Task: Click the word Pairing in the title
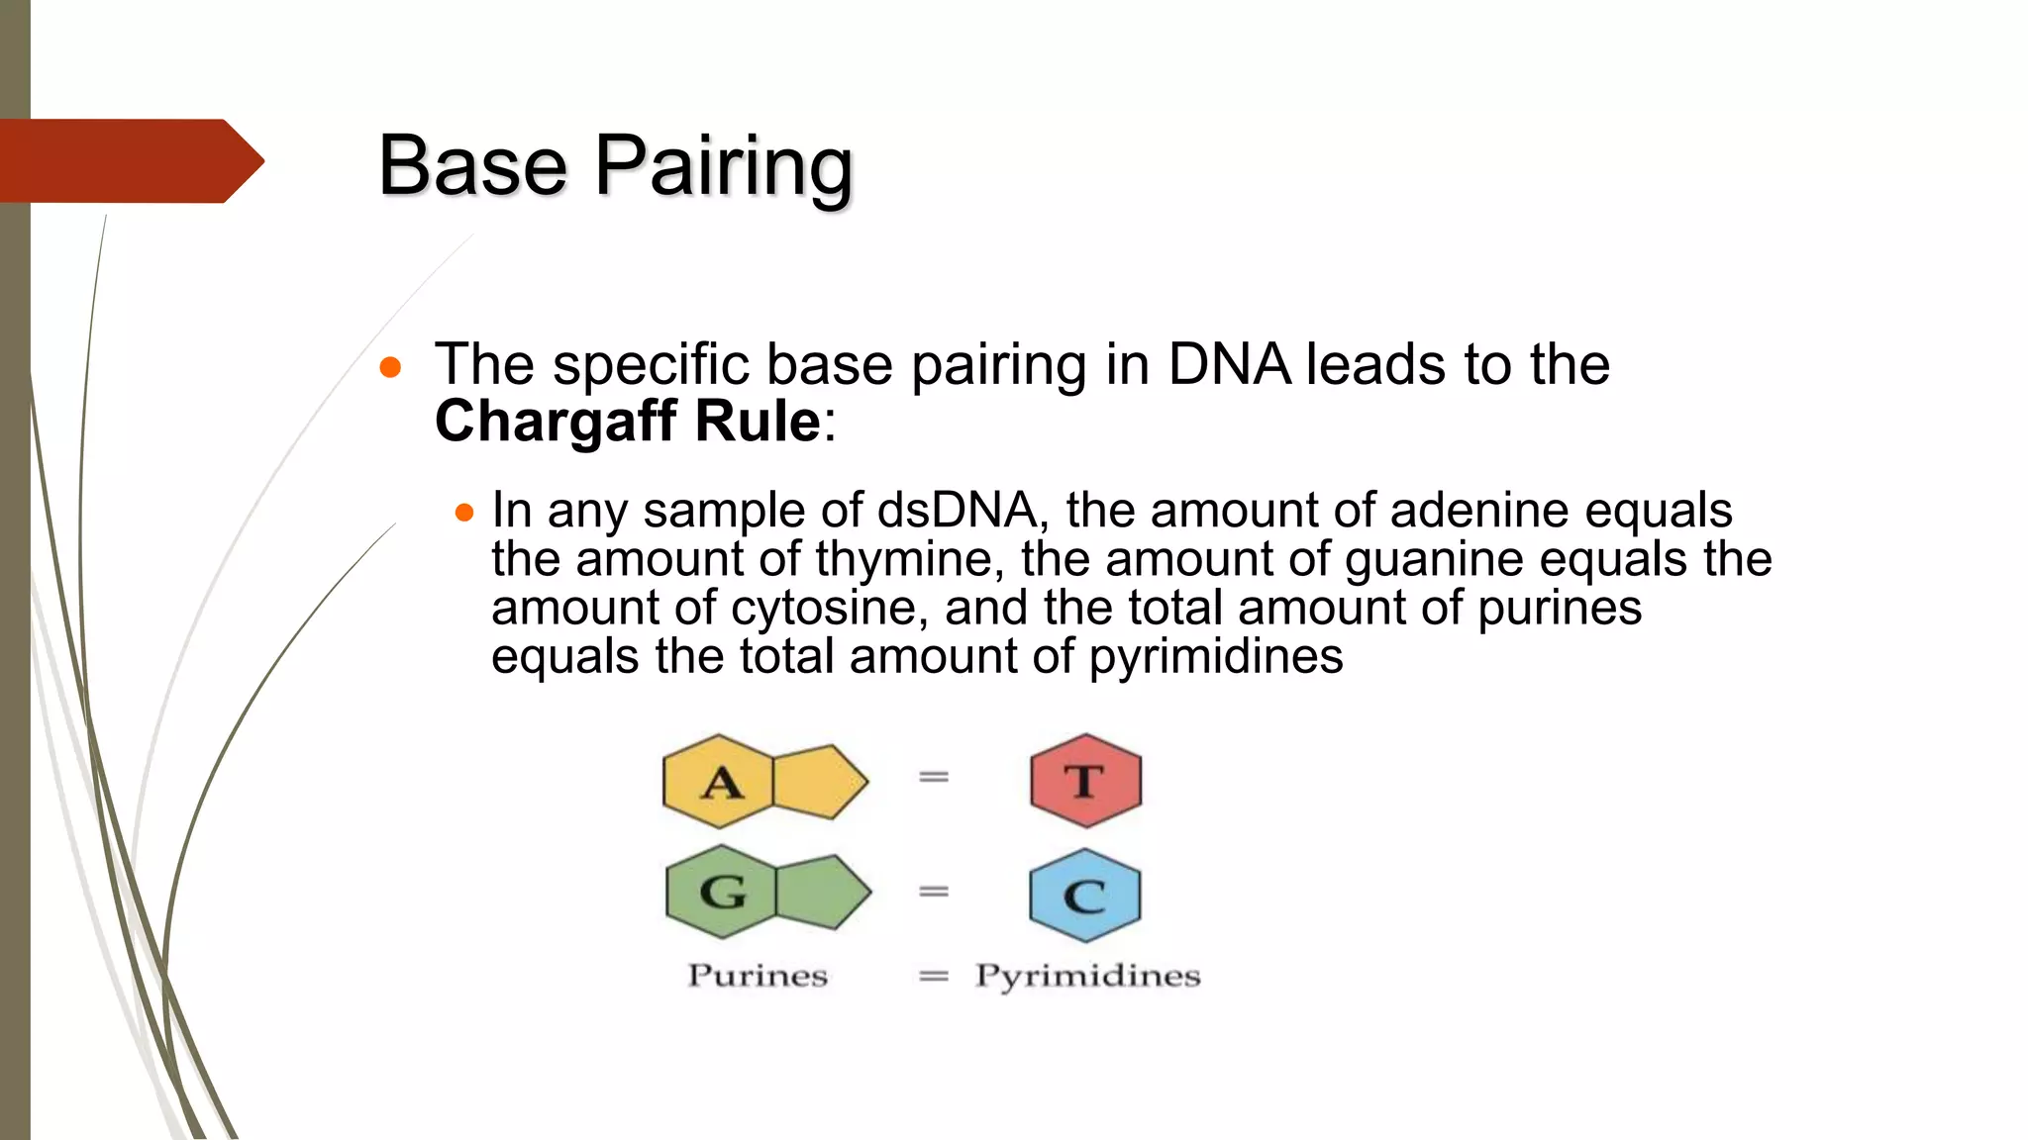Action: coord(723,166)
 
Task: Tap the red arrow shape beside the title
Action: coord(129,160)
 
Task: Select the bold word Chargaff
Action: coord(555,422)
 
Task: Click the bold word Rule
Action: coord(758,422)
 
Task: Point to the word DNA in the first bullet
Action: coord(1228,364)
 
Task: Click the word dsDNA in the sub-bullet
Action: coord(957,512)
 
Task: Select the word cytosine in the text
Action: coord(828,609)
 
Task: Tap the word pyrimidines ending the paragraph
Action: coord(1216,657)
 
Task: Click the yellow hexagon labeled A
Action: coord(718,782)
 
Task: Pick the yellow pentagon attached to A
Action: coord(817,782)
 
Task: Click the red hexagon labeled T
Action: coord(1085,781)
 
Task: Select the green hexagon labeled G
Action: coord(721,892)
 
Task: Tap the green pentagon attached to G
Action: coord(820,892)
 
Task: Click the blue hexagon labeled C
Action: coord(1085,896)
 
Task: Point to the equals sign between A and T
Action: coord(934,778)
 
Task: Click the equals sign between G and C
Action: coord(934,892)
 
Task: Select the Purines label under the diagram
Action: coord(758,976)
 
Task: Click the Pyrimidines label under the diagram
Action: coord(1087,977)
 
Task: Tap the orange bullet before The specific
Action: coord(390,368)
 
